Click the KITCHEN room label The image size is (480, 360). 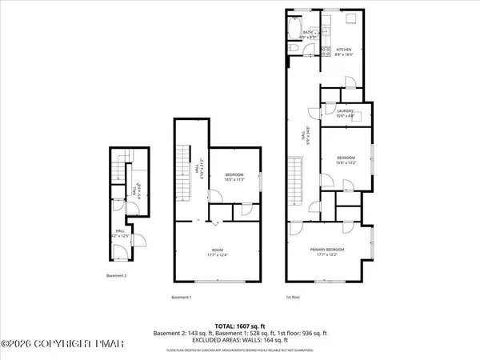[x=342, y=49]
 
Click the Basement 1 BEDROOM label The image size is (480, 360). [x=234, y=176]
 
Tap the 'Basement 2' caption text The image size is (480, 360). [x=118, y=276]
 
